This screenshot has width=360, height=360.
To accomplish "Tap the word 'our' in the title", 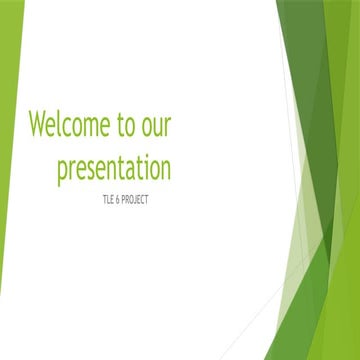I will (157, 128).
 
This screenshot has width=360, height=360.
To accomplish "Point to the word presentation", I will (113, 167).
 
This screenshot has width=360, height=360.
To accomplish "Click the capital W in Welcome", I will (38, 125).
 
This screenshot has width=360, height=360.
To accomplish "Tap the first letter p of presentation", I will (62, 170).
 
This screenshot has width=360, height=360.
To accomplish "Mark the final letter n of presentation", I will (165, 167).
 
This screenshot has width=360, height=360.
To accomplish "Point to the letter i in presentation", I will (140, 165).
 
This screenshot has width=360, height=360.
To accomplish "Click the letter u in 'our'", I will (157, 128).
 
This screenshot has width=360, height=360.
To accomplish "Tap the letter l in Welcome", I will (59, 124).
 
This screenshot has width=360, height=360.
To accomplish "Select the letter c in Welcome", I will (67, 128).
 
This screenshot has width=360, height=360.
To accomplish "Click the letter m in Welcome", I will (89, 128).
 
